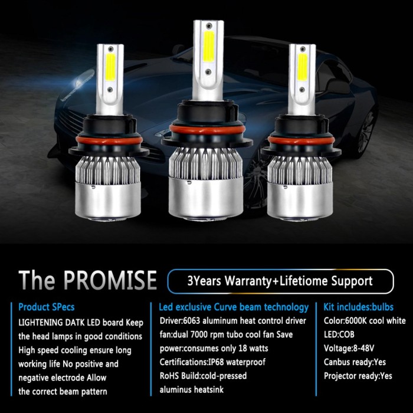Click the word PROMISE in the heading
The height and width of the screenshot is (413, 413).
tap(110, 280)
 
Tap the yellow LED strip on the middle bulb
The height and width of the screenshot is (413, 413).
tap(209, 47)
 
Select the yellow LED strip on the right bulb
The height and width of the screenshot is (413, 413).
tap(302, 67)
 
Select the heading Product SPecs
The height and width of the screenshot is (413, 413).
tap(47, 307)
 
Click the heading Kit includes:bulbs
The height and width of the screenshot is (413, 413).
tap(359, 307)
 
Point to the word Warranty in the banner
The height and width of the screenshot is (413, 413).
tap(248, 281)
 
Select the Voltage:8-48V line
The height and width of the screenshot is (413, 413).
tap(349, 349)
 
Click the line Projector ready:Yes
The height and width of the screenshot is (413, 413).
tap(358, 376)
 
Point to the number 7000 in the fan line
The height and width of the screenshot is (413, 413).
tap(199, 335)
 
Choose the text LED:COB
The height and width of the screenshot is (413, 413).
tap(339, 335)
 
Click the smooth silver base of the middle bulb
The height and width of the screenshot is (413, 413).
tap(206, 198)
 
